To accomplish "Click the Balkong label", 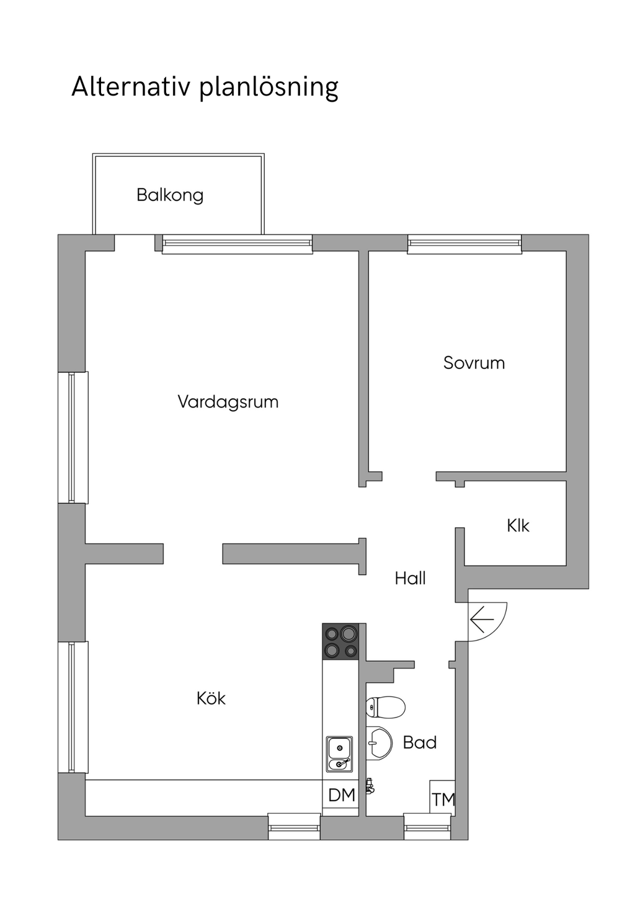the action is click(x=170, y=195).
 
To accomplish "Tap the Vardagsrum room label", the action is click(x=228, y=402).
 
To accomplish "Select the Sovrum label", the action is click(x=474, y=363).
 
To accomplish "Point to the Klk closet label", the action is click(x=518, y=525).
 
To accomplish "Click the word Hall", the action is click(x=410, y=579).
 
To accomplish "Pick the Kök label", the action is click(x=211, y=698).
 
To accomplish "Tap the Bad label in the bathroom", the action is click(x=420, y=742).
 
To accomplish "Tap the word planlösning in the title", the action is click(x=269, y=88).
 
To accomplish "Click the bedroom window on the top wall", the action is click(x=464, y=244).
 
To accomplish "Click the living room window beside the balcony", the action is click(x=238, y=244).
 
